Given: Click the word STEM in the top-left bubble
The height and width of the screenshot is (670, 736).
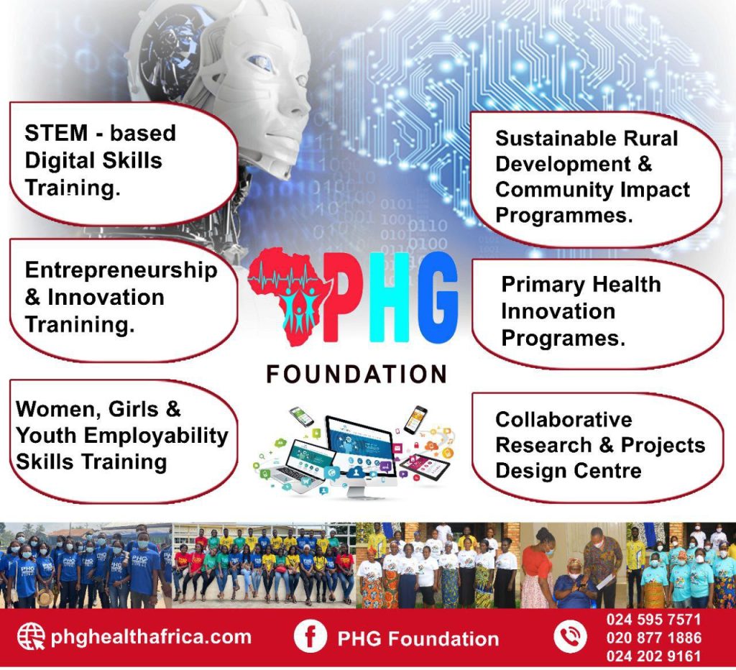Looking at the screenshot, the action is pyautogui.click(x=56, y=133).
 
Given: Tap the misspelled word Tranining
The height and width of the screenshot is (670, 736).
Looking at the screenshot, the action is pyautogui.click(x=80, y=324).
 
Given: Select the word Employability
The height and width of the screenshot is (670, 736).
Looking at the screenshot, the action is pyautogui.click(x=156, y=436).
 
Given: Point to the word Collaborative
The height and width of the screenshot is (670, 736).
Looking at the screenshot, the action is pyautogui.click(x=563, y=420).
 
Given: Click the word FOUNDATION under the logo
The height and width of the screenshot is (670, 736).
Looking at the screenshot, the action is pyautogui.click(x=356, y=375).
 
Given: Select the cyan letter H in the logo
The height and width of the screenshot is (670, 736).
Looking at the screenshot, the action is pyautogui.click(x=389, y=297).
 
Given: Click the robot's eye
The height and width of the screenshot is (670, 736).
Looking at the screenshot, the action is pyautogui.click(x=260, y=63).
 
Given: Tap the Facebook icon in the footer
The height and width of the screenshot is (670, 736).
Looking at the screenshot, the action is pyautogui.click(x=310, y=636).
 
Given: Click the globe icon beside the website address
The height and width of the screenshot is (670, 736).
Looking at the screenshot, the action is pyautogui.click(x=31, y=636).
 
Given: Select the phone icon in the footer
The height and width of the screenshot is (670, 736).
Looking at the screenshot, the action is pyautogui.click(x=570, y=637).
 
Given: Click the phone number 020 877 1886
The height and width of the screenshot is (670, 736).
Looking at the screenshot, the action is pyautogui.click(x=654, y=638).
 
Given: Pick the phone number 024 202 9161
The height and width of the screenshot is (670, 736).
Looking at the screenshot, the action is pyautogui.click(x=654, y=656).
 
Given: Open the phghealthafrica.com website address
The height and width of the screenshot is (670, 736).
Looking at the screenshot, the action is pyautogui.click(x=151, y=637).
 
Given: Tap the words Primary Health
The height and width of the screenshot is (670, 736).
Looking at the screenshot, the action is pyautogui.click(x=581, y=285).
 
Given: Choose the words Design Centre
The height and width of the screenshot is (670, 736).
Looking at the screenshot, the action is pyautogui.click(x=569, y=471).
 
